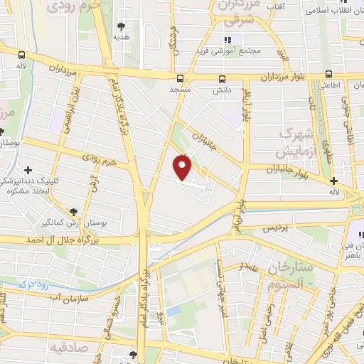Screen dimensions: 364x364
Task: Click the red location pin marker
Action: click(182, 167)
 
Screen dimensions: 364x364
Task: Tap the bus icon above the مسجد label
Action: click(180, 78)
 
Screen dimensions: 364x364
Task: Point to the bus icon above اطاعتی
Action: click(328, 74)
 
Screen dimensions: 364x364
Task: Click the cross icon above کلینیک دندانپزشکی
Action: click(28, 170)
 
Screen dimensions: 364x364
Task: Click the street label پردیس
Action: click(276, 229)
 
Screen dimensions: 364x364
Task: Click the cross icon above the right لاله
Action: click(333, 181)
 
